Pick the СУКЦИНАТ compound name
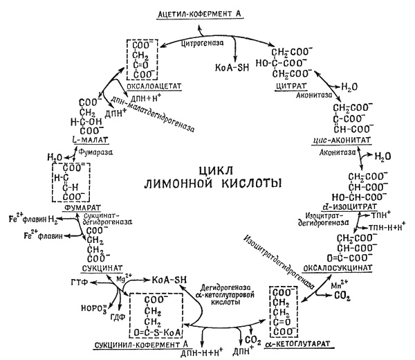click(x=94, y=267)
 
